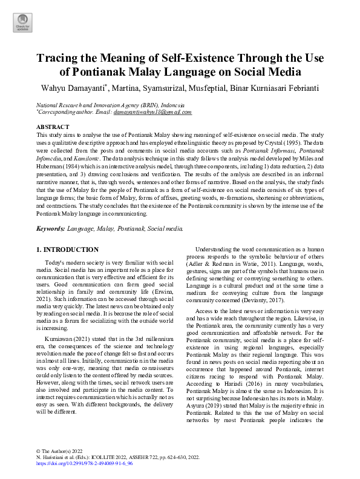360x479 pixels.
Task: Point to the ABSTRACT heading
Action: [x=53, y=126]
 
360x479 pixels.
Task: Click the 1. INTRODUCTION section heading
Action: [x=67, y=249]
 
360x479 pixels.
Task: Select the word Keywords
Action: [x=51, y=229]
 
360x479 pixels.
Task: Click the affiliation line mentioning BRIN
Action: [x=102, y=104]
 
